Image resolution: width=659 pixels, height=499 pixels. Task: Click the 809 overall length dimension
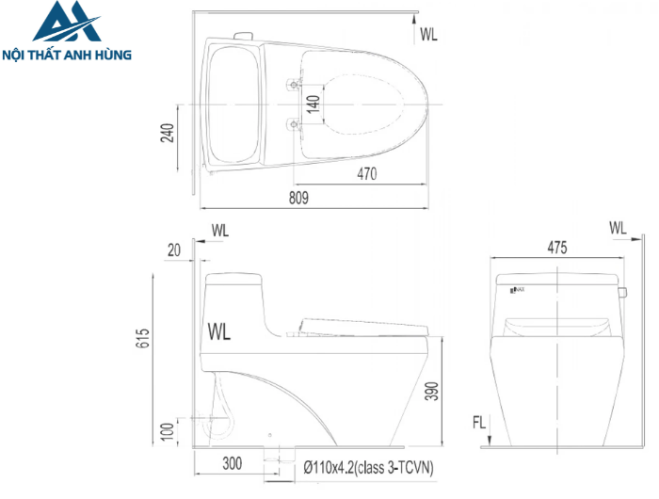pos(298,198)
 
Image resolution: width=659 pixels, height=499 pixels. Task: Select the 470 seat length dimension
pos(366,173)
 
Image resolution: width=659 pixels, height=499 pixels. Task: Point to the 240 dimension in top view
pos(168,134)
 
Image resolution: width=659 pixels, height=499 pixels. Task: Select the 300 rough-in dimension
pos(234,464)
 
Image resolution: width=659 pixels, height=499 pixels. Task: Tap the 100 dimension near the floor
pos(167,431)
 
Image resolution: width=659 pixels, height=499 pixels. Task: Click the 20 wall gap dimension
pos(173,249)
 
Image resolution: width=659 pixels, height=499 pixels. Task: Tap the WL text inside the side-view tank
pos(219,330)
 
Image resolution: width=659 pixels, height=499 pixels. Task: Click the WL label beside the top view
pos(429,35)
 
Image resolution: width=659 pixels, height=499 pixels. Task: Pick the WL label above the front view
pos(618,228)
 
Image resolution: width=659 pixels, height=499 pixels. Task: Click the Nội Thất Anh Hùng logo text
pos(68,55)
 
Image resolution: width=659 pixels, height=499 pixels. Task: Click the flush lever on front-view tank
pos(622,290)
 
